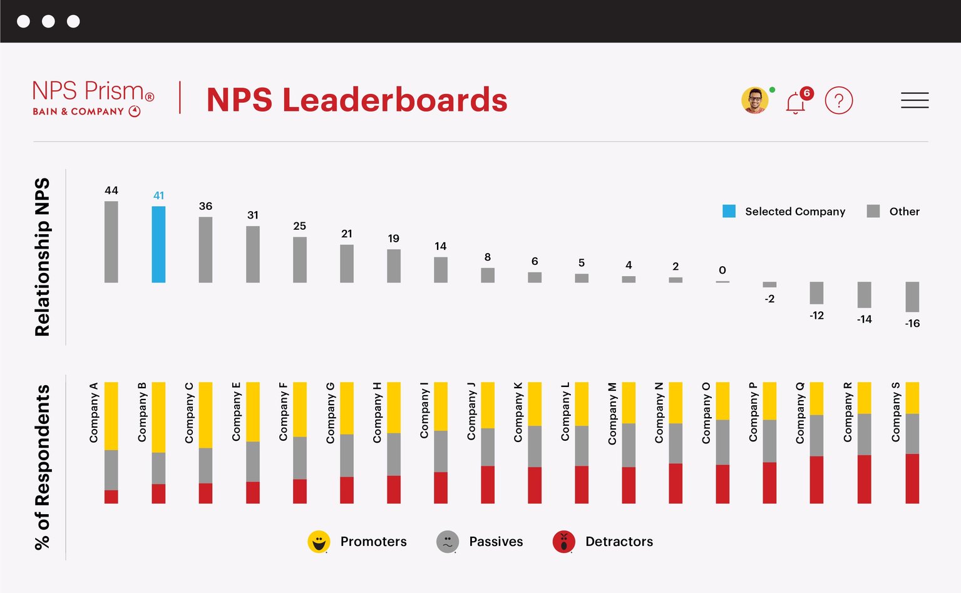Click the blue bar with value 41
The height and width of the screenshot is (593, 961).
tap(158, 244)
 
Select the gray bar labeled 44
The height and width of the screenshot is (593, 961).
tap(111, 242)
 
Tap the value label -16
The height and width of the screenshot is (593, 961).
tap(912, 324)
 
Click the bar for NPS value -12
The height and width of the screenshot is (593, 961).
tap(816, 293)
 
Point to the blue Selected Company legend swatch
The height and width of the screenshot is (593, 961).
tap(729, 211)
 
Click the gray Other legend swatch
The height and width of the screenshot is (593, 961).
tap(873, 211)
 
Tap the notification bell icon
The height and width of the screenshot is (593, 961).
tap(796, 102)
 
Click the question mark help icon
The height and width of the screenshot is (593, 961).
tap(838, 100)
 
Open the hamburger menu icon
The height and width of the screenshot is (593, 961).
tap(914, 100)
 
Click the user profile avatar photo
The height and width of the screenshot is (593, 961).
tap(755, 100)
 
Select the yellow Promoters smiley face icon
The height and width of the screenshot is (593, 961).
tap(319, 542)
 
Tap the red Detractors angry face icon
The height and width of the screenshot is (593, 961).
tap(563, 542)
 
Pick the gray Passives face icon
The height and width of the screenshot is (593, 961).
tap(447, 542)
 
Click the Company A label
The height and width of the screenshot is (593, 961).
tap(94, 413)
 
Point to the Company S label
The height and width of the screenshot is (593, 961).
tap(896, 412)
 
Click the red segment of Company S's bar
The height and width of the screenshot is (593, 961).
tap(912, 478)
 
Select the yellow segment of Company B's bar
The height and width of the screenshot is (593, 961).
tap(158, 417)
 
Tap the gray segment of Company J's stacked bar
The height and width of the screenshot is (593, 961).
tap(488, 447)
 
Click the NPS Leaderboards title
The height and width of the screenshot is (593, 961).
tap(357, 100)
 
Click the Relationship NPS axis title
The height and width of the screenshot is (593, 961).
tap(42, 257)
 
